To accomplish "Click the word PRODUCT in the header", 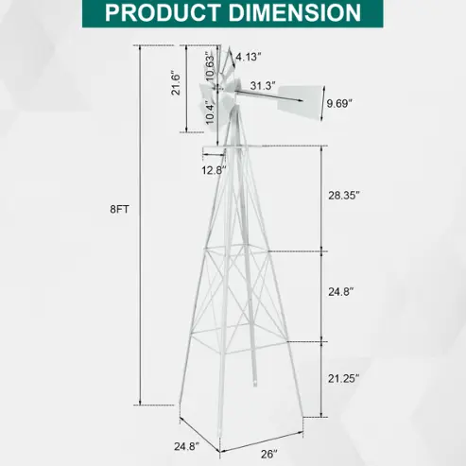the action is click(x=163, y=12).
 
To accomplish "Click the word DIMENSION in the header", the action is click(x=294, y=12).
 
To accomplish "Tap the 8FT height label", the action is click(x=119, y=209).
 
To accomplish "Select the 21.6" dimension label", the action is click(x=176, y=84).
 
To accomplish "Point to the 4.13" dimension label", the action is click(x=249, y=57).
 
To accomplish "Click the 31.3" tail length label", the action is click(x=263, y=85).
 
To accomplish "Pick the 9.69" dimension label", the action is click(x=339, y=103).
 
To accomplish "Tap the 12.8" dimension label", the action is click(x=215, y=170).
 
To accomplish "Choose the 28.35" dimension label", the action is click(x=344, y=196).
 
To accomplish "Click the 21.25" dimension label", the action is click(x=344, y=378).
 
